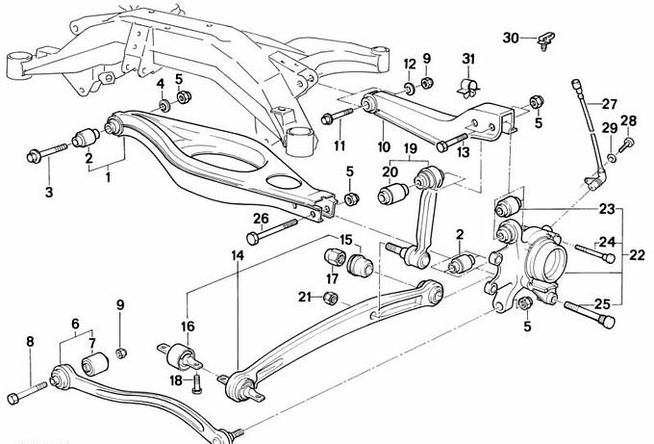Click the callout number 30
click(x=511, y=38)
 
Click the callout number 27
click(x=610, y=104)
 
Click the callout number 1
click(x=108, y=177)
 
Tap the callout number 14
click(x=237, y=255)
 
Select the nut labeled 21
click(x=329, y=298)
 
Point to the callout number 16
click(x=189, y=326)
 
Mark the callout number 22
click(x=638, y=256)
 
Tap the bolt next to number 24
click(x=592, y=254)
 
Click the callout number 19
click(x=409, y=148)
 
